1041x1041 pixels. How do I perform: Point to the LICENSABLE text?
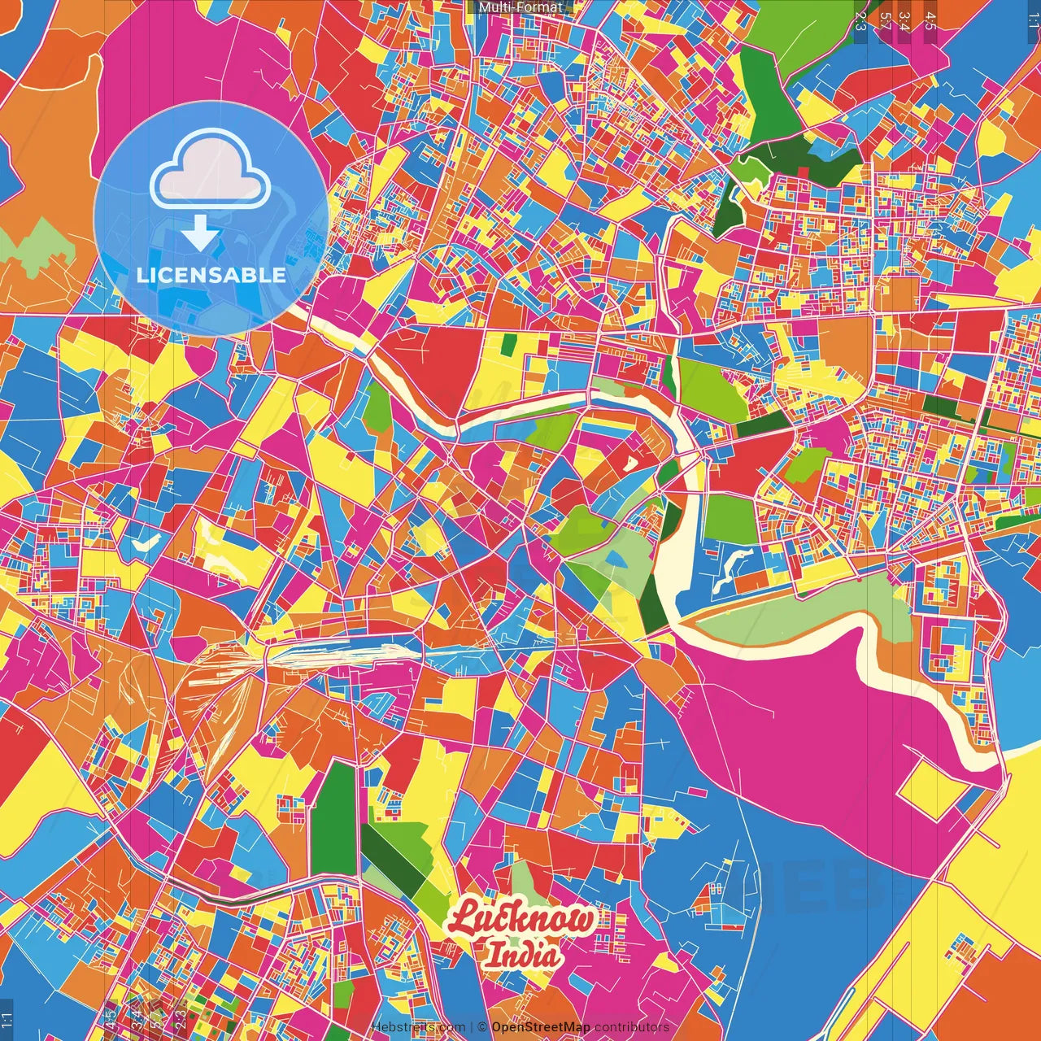pos(211,275)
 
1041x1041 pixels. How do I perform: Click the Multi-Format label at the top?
pos(520,7)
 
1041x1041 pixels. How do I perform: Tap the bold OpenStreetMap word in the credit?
pos(541,1027)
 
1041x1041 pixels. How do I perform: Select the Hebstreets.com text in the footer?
pos(418,1027)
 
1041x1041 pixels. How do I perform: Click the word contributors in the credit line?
pos(632,1027)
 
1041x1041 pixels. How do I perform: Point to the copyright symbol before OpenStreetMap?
pos(482,1027)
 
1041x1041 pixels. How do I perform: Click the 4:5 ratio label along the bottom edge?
pos(110,1019)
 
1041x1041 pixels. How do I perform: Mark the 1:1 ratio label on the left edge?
pos(7,1019)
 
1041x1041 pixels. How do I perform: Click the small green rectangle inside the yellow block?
pos(508,345)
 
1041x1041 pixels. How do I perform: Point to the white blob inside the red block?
pos(629,464)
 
